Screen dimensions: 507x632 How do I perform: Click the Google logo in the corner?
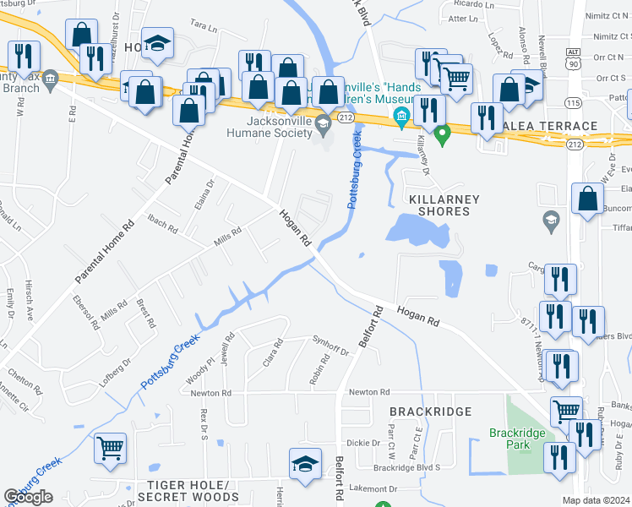[x=29, y=497]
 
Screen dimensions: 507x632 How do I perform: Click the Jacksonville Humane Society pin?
[x=322, y=126]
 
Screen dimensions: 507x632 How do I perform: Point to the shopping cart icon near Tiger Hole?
[x=109, y=449]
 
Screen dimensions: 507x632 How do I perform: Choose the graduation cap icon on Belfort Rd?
[x=305, y=463]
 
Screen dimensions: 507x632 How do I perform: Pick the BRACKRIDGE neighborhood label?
[x=428, y=411]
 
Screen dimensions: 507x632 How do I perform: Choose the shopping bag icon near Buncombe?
[x=587, y=199]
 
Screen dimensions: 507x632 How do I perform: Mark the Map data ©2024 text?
[x=596, y=500]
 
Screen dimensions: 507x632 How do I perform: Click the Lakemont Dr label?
[x=373, y=488]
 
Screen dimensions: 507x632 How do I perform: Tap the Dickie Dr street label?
[x=364, y=443]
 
